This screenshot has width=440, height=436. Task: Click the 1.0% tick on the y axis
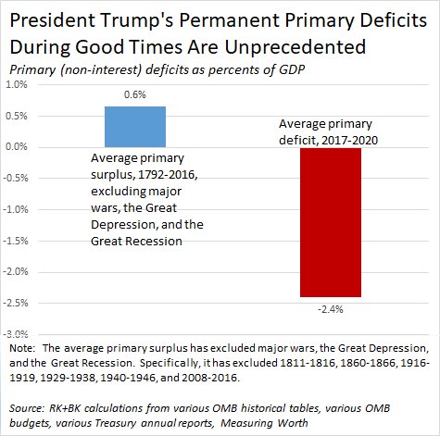17,84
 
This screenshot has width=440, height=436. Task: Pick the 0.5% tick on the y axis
17,116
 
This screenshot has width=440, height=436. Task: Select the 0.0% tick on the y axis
17,147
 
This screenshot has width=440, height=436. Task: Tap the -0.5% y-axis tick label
16,178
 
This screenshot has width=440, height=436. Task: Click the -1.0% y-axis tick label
16,209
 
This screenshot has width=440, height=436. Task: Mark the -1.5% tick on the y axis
16,240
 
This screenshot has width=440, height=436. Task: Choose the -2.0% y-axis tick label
16,271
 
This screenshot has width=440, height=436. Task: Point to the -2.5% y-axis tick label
16,302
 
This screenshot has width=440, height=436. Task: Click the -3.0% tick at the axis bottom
16,333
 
